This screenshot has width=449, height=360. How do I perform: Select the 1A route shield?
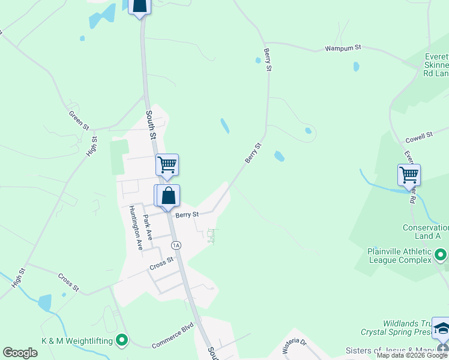pos(176,245)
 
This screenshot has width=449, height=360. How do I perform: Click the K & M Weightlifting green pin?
pos(122,341)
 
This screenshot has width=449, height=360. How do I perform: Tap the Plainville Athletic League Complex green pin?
pos(441,256)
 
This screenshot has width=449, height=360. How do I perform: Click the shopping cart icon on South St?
pos(167,164)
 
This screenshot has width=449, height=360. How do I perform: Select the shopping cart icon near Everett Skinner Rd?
pos(409,175)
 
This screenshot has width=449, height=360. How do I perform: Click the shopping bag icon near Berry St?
pos(169,196)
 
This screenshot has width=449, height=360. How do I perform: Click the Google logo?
pos(20,353)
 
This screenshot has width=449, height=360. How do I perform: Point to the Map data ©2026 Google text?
pos(412,355)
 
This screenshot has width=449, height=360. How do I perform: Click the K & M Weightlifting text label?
pos(77,341)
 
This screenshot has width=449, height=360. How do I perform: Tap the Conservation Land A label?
pos(425,232)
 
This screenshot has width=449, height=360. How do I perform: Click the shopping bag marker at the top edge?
pos(139,6)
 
